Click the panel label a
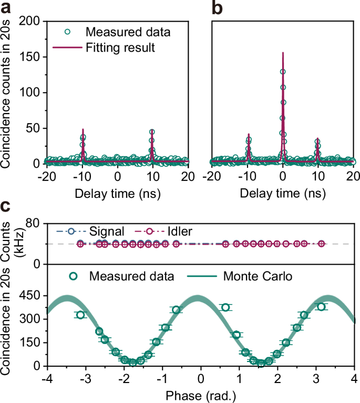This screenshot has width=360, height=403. click(7, 8)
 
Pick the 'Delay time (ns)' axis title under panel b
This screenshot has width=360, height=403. click(283, 193)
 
